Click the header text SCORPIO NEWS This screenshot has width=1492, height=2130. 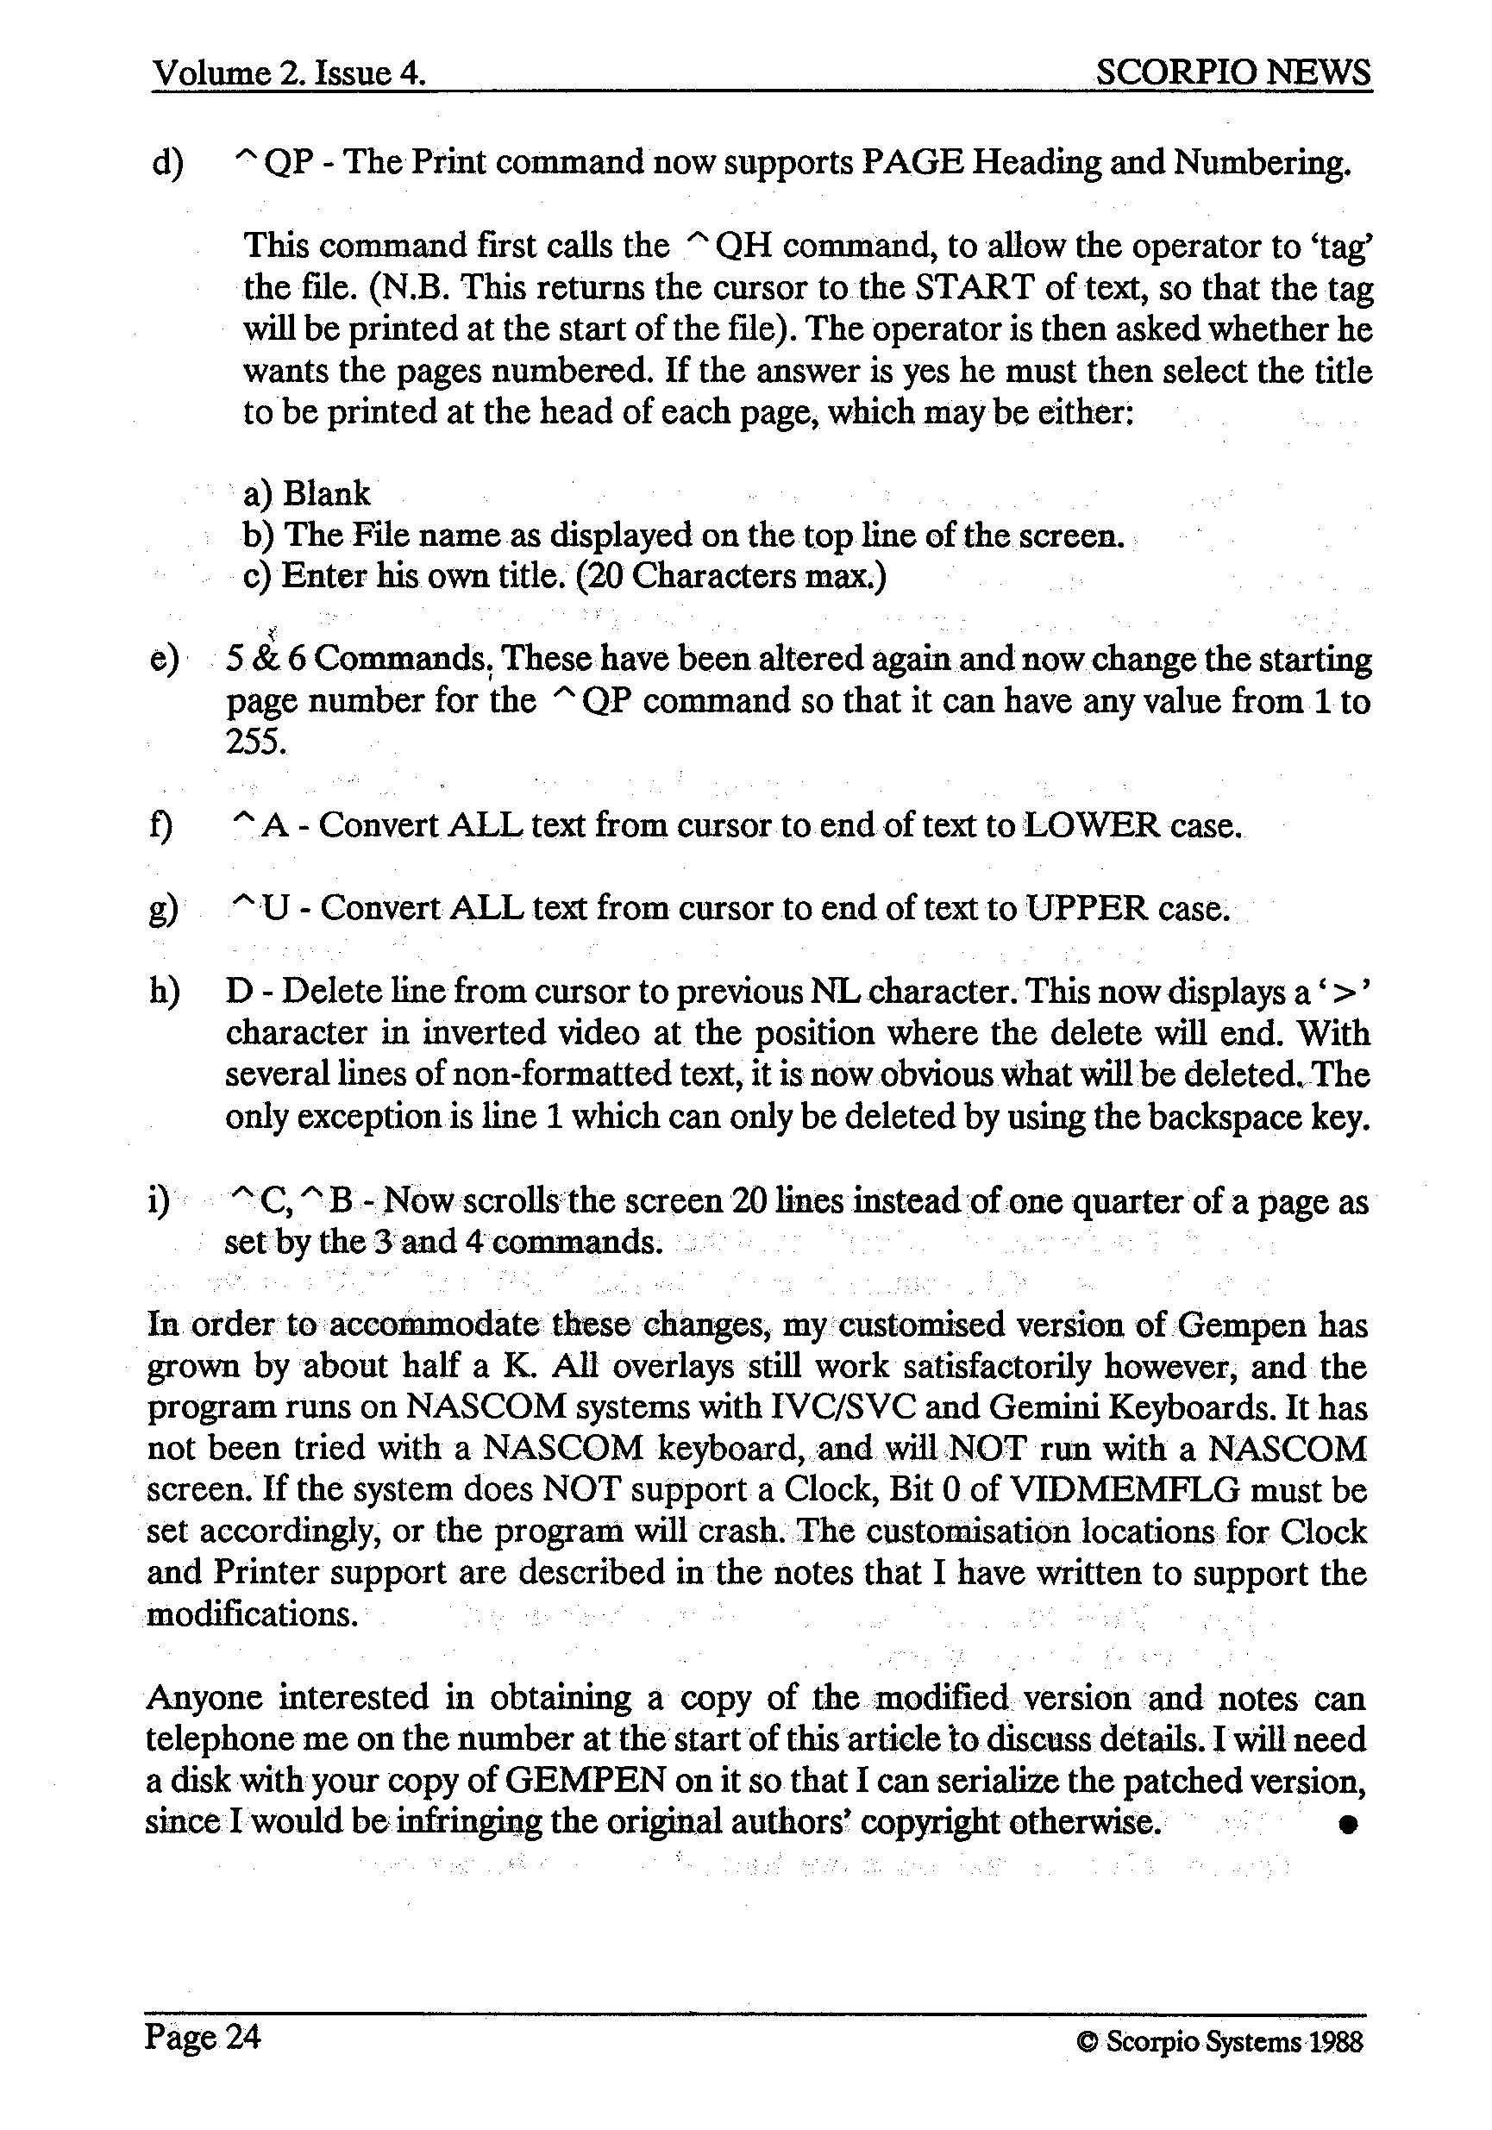click(x=1232, y=72)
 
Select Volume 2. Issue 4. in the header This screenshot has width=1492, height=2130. click(x=289, y=72)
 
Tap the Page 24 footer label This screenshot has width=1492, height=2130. click(x=203, y=2035)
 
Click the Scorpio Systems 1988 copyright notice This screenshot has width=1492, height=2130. click(x=1220, y=2042)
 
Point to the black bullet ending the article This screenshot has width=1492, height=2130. click(x=1348, y=1824)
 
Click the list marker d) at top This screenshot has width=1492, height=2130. click(x=167, y=162)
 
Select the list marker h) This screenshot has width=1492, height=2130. click(x=164, y=992)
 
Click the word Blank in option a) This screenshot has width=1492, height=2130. click(x=326, y=492)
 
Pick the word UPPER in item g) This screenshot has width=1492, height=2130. click(x=1087, y=907)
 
